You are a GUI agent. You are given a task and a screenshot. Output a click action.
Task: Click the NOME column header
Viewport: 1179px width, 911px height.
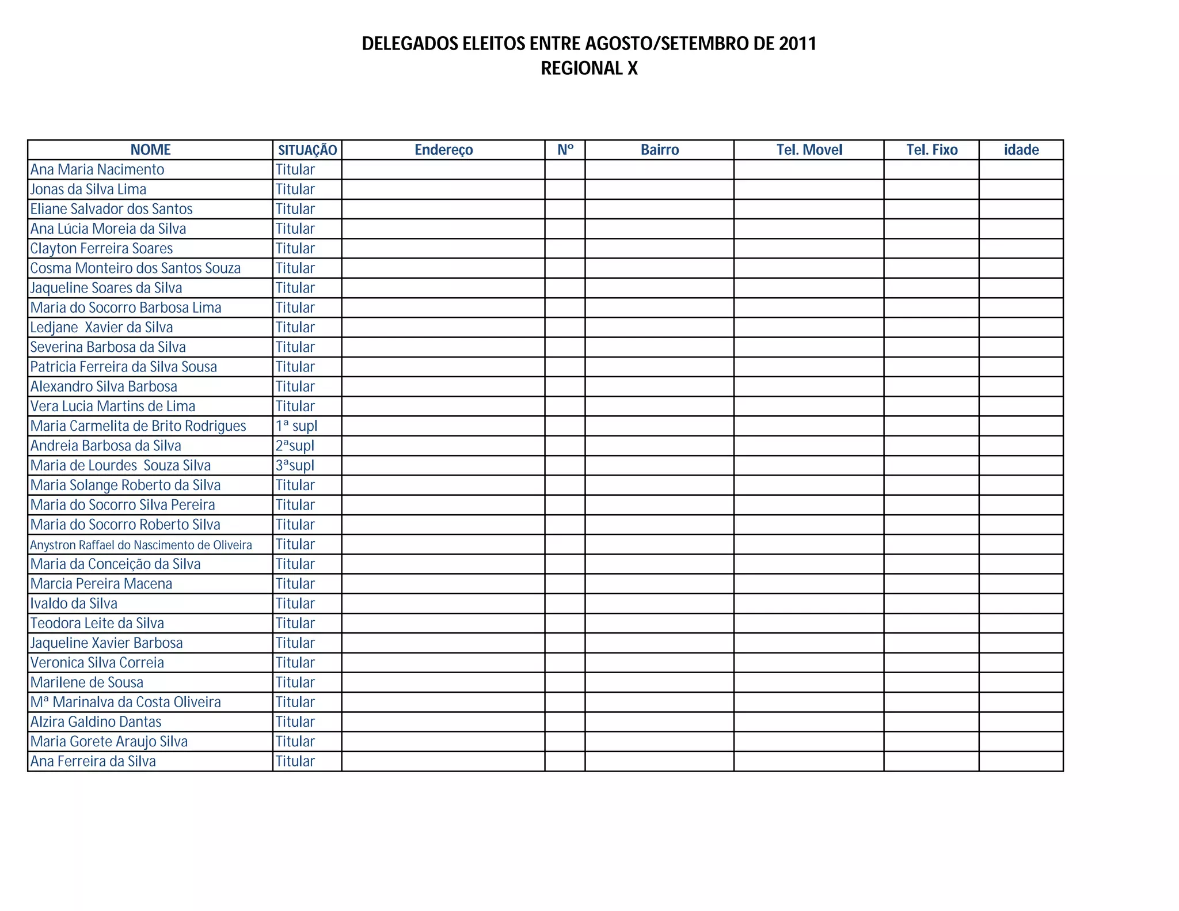150,150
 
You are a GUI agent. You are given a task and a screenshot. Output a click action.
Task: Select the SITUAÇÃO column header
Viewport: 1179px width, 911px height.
307,150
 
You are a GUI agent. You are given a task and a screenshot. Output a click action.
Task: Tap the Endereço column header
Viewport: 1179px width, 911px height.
443,150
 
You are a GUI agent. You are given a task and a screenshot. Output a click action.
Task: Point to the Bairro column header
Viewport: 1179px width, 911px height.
660,150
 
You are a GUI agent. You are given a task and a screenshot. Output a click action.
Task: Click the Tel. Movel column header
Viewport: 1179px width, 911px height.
809,150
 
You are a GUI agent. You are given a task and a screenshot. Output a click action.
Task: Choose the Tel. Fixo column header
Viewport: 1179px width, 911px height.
931,150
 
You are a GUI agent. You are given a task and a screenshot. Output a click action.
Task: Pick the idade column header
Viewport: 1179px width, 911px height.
1021,150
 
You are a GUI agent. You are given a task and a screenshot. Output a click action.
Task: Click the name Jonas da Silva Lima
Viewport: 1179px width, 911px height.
88,189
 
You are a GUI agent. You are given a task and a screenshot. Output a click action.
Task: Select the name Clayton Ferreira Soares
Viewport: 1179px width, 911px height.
101,249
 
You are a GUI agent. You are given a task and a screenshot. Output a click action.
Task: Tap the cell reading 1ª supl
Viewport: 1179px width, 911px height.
296,426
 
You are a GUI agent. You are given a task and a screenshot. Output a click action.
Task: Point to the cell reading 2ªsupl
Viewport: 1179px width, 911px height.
295,446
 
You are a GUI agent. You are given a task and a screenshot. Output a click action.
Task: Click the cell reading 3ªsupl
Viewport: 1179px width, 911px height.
295,465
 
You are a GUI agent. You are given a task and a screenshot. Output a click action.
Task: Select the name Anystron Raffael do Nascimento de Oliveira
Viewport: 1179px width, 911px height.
141,545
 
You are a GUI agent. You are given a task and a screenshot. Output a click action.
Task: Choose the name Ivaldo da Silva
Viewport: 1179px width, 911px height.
74,603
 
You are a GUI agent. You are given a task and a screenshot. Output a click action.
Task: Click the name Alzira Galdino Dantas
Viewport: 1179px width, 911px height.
96,722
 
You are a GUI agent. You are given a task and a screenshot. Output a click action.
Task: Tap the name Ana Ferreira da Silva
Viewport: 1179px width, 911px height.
93,761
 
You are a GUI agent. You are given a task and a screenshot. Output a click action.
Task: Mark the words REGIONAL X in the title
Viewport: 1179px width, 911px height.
589,69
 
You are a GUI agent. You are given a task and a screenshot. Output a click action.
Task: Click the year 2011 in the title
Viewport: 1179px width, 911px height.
797,44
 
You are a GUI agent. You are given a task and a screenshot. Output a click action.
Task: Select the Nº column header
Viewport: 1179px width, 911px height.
565,150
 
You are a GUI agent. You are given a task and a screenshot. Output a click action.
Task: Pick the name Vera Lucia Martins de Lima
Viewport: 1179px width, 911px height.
113,407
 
